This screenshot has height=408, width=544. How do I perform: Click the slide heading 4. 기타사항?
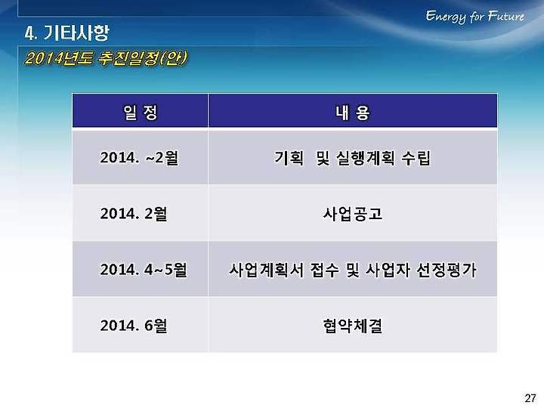(67, 33)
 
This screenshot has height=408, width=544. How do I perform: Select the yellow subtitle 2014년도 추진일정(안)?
(107, 58)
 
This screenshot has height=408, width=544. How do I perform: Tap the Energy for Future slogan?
(475, 17)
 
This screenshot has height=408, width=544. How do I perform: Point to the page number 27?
(530, 398)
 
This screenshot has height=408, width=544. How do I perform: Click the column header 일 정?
(141, 112)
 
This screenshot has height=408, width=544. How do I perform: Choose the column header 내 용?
(353, 112)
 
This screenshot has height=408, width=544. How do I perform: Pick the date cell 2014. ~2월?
(139, 158)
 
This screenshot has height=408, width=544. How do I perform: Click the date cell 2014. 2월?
(134, 213)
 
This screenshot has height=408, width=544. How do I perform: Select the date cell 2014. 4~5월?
(144, 270)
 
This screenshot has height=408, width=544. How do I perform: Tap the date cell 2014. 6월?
(134, 326)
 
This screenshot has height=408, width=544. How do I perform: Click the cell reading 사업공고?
(353, 214)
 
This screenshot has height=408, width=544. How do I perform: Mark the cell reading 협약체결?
(353, 326)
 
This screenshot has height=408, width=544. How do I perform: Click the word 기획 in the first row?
(289, 158)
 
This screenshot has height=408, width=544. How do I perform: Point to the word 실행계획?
(366, 158)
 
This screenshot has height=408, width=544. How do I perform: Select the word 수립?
(416, 158)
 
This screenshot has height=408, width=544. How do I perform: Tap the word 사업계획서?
(266, 270)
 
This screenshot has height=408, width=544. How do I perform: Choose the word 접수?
(324, 270)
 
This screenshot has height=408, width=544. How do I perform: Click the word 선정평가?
(447, 270)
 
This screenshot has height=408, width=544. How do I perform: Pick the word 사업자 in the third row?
(388, 270)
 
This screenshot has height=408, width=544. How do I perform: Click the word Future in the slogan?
(505, 16)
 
